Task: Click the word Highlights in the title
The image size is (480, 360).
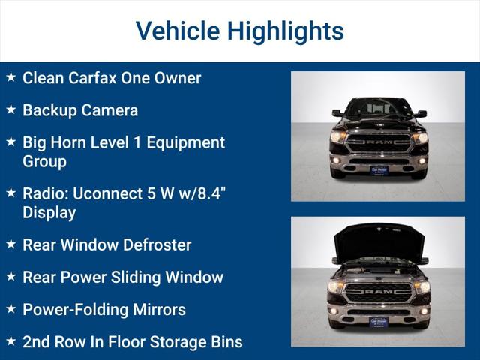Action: [x=286, y=31]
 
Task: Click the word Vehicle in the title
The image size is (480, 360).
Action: [x=177, y=31]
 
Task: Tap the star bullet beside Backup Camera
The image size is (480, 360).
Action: [x=10, y=109]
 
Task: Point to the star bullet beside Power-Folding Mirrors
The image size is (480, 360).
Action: [x=10, y=308]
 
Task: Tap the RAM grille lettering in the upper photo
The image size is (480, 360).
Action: [x=379, y=139]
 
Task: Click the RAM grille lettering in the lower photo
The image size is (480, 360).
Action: [x=379, y=290]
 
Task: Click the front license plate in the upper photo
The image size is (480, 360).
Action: [x=379, y=170]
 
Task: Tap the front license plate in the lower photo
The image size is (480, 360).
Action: [x=379, y=321]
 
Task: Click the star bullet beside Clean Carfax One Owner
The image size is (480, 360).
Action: [x=10, y=77]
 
